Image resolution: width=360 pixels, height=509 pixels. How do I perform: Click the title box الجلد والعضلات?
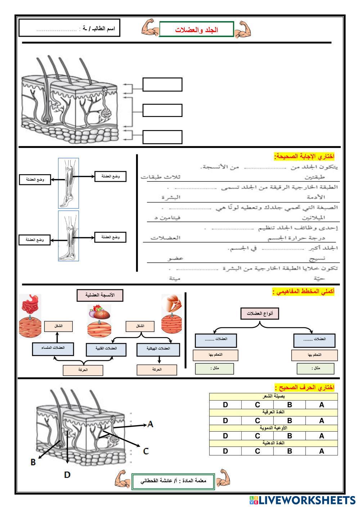[x=197, y=30]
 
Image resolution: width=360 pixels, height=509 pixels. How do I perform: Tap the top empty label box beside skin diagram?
[x=162, y=85]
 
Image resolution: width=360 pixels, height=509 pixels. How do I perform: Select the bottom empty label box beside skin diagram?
[x=162, y=137]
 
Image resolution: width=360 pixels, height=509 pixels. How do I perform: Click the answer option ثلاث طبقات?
[x=160, y=177]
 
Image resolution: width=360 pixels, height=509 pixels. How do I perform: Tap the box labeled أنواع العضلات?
[x=260, y=314]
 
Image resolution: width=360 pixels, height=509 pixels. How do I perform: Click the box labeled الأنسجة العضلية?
[x=100, y=295]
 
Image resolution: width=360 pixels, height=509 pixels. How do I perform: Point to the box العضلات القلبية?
[x=107, y=349]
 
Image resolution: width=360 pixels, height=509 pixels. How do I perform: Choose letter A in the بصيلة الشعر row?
[x=321, y=405]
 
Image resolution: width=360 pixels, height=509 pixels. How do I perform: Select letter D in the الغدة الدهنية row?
[x=225, y=451]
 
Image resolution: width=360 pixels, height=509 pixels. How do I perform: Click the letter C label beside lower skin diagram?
[x=146, y=451]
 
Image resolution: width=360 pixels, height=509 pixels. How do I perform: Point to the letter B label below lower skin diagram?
[x=33, y=462]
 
